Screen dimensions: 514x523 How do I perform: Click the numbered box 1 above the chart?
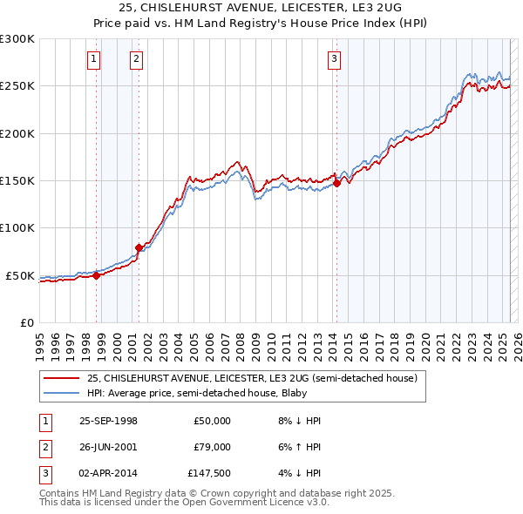pos(93,59)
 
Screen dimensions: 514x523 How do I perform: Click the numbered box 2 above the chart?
pos(137,59)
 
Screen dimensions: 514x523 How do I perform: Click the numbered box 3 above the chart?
pos(335,59)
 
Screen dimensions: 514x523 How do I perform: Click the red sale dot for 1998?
pos(97,275)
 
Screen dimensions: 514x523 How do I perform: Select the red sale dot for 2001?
pos(139,247)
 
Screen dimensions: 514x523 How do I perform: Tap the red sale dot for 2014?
pos(336,183)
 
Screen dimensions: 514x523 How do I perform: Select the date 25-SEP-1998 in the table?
pos(108,421)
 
